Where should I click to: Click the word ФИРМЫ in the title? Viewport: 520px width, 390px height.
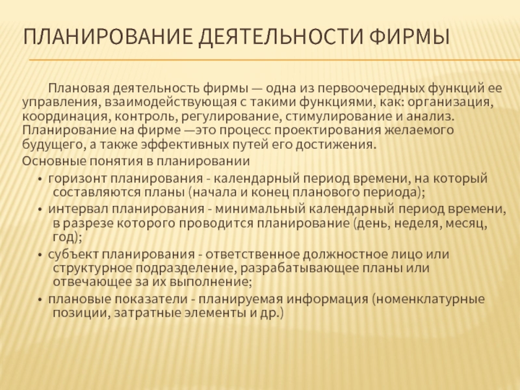point(409,36)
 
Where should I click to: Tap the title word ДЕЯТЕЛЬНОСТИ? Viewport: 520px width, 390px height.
point(281,37)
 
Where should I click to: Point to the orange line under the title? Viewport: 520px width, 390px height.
point(274,60)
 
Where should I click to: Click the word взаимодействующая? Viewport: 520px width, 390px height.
point(170,102)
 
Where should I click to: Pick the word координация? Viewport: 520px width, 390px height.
point(65,117)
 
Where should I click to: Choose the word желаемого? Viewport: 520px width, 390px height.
point(419,129)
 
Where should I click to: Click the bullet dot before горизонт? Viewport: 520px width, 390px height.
point(40,179)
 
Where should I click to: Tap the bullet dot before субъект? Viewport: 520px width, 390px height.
point(40,255)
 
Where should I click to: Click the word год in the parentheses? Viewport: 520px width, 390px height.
point(64,237)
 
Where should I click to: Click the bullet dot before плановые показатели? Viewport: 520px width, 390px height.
point(40,300)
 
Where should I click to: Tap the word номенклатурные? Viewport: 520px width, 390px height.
point(430,299)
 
